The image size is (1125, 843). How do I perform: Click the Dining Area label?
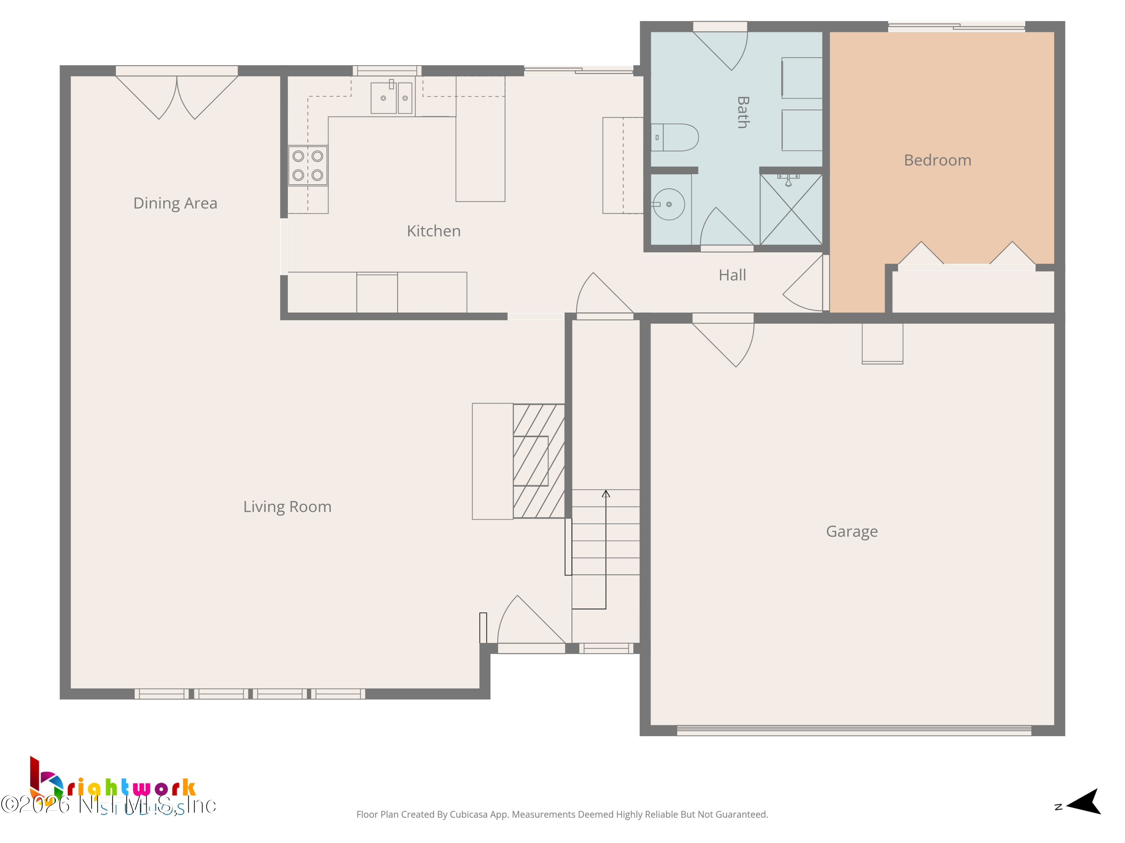pyautogui.click(x=175, y=203)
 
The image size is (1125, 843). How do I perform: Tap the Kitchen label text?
pyautogui.click(x=433, y=231)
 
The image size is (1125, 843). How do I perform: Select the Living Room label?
pyautogui.click(x=287, y=507)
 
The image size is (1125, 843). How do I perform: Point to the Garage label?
pyautogui.click(x=851, y=532)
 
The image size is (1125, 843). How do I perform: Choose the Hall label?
pyautogui.click(x=732, y=275)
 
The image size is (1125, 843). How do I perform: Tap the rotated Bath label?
pyautogui.click(x=742, y=112)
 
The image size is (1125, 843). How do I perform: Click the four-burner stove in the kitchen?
pyautogui.click(x=308, y=166)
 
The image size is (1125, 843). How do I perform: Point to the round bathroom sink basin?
pyautogui.click(x=669, y=204)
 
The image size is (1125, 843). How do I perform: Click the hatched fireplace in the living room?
pyautogui.click(x=538, y=461)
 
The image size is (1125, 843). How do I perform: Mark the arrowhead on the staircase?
pyautogui.click(x=606, y=493)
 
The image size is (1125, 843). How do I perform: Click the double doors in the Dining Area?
pyautogui.click(x=177, y=97)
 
